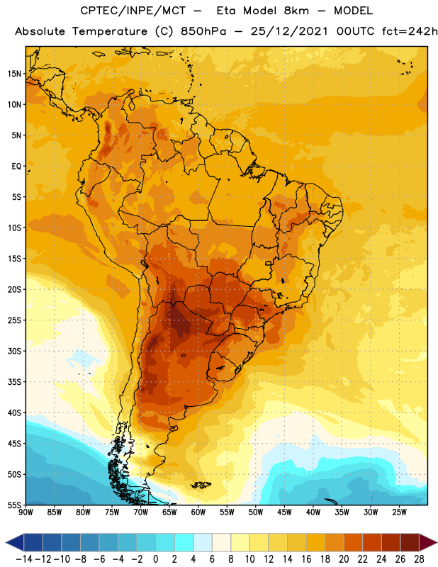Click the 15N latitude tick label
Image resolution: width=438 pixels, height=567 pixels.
pyautogui.click(x=14, y=74)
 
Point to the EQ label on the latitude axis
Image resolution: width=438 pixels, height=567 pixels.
pyautogui.click(x=16, y=167)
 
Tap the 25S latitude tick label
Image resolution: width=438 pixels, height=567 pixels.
pyautogui.click(x=14, y=320)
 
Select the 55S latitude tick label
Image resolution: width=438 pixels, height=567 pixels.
pyautogui.click(x=14, y=505)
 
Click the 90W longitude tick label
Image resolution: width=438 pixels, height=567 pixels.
pyautogui.click(x=26, y=512)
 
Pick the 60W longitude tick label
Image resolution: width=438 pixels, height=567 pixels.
pyautogui.click(x=198, y=512)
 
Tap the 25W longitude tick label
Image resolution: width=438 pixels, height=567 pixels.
pyautogui.click(x=399, y=512)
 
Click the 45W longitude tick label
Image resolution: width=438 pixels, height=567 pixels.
pyautogui.click(x=284, y=512)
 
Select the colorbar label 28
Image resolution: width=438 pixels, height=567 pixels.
pyautogui.click(x=419, y=559)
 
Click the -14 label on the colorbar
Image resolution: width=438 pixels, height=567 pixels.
pyautogui.click(x=24, y=559)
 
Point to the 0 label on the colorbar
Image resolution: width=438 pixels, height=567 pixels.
pyautogui.click(x=155, y=559)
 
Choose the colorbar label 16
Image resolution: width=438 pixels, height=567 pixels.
pyautogui.click(x=306, y=559)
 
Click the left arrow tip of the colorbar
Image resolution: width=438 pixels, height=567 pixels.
pyautogui.click(x=6, y=542)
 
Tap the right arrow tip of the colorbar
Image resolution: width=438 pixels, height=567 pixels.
pyautogui.click(x=437, y=542)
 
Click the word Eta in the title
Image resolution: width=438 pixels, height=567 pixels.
pyautogui.click(x=226, y=11)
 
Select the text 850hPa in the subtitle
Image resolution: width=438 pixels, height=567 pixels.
pyautogui.click(x=203, y=31)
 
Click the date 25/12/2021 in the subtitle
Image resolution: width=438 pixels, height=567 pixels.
pyautogui.click(x=289, y=31)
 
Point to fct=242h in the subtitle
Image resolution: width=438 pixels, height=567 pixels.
pyautogui.click(x=409, y=31)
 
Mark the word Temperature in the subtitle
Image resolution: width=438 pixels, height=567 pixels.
pyautogui.click(x=110, y=32)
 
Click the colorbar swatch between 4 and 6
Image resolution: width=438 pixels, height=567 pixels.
pyautogui.click(x=203, y=542)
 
